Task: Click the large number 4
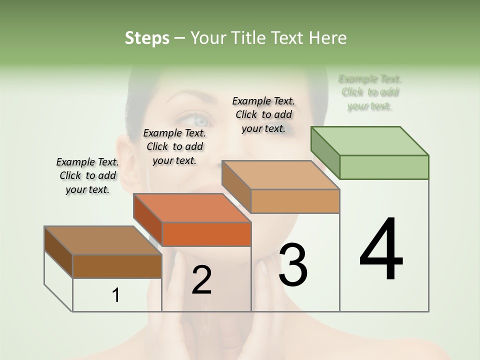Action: (x=381, y=249)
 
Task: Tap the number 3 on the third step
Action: (x=292, y=264)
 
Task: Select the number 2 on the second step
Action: (x=201, y=280)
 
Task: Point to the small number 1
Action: (x=115, y=295)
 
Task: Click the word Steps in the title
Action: (x=147, y=38)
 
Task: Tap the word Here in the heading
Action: (x=328, y=38)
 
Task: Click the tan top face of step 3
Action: (x=280, y=175)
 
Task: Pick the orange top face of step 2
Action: (x=192, y=208)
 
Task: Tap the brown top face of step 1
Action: (x=103, y=240)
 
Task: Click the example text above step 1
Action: (x=87, y=175)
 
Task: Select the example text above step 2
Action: (x=174, y=146)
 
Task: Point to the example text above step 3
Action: (x=263, y=114)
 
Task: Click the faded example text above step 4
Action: (x=370, y=92)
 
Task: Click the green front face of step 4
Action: (x=384, y=167)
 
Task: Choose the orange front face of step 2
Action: (x=206, y=234)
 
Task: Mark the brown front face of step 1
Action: (x=117, y=266)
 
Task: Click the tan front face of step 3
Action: (x=295, y=201)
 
